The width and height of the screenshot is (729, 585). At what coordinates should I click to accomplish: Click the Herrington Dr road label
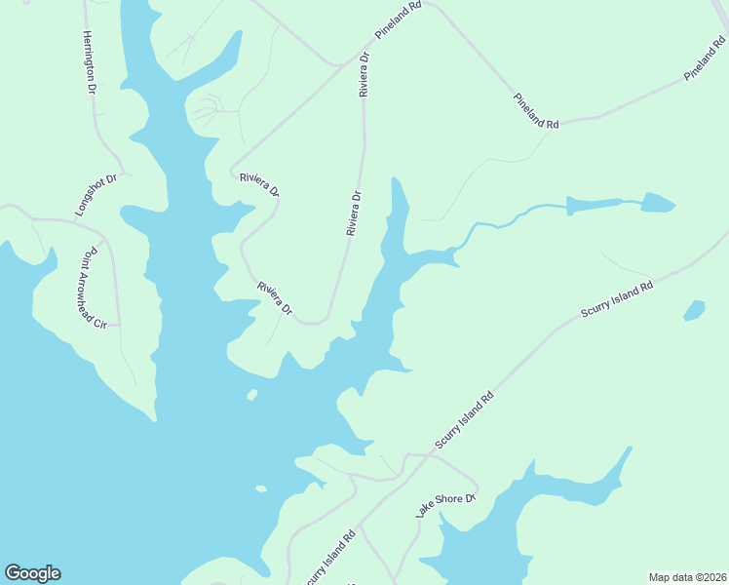89,62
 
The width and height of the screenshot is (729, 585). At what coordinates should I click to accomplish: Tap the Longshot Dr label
96,195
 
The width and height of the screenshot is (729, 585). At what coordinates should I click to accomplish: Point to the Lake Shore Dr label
444,504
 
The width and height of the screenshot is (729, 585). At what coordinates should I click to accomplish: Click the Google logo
32,573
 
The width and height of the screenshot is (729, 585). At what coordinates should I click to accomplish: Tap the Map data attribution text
686,577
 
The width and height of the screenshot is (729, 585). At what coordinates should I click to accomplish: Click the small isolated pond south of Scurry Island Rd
694,310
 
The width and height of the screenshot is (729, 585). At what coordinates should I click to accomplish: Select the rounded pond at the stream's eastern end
658,203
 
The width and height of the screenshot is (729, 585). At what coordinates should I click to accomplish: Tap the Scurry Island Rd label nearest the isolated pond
616,300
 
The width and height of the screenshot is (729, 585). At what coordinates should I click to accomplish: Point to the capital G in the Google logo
13,572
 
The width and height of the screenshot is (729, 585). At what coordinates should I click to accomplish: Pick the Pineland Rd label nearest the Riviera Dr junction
399,20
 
